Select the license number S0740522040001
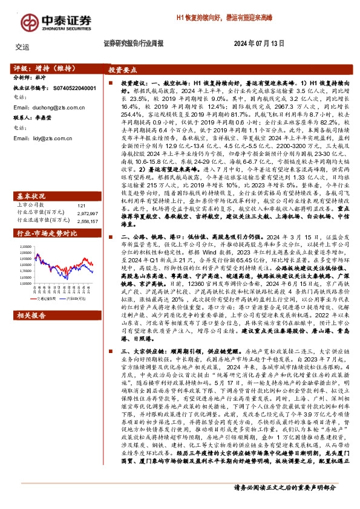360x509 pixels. (x=70, y=88)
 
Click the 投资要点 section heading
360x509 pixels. (x=125, y=70)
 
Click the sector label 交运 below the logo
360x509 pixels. (x=21, y=47)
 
